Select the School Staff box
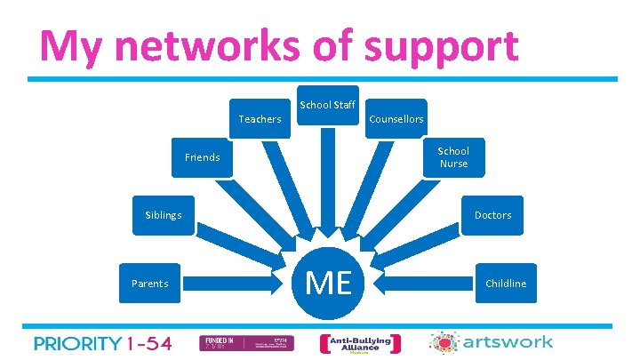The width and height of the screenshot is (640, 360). point(327,105)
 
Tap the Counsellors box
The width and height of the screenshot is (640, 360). point(396,118)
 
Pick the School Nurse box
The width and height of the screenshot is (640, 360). point(453,157)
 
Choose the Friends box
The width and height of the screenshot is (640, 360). point(202,157)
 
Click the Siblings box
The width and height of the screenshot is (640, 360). point(164,215)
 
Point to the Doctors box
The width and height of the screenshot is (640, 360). point(492,215)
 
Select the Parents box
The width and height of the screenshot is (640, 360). point(149,284)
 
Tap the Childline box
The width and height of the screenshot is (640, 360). point(505,284)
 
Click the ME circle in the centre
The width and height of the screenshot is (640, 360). point(328,284)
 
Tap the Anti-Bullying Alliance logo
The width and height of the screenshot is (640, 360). point(360,343)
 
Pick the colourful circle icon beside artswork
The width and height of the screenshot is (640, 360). point(442,343)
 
